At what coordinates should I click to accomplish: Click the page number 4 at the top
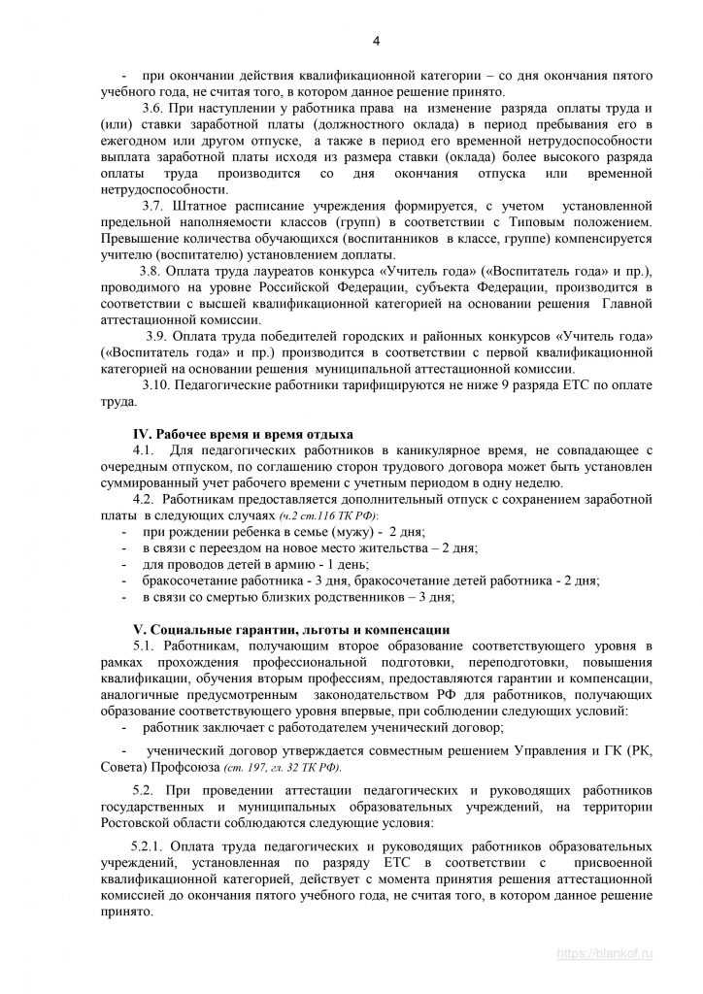(376, 40)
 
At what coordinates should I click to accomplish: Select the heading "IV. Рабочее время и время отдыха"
(243, 433)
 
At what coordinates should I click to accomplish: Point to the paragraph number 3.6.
(153, 108)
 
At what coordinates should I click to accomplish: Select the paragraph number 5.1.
(145, 646)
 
